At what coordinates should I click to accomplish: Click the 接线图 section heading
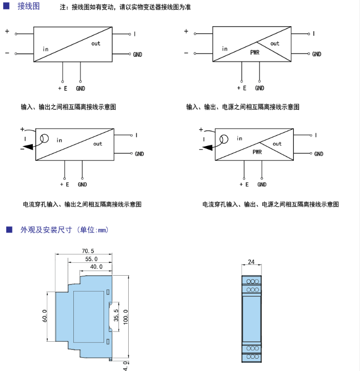(x=29, y=6)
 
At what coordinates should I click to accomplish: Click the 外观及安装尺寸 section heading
(x=46, y=230)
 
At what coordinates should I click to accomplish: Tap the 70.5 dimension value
(x=88, y=251)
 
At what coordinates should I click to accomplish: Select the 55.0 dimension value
(x=91, y=259)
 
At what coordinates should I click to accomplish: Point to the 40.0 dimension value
(x=96, y=266)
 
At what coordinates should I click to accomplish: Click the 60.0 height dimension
(x=45, y=316)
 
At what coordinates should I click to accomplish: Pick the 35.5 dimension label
(x=116, y=315)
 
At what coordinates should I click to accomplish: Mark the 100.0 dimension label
(x=126, y=317)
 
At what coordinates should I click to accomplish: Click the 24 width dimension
(x=251, y=262)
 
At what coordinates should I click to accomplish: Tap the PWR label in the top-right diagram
(x=255, y=52)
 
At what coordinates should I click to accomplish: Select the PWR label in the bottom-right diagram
(x=257, y=152)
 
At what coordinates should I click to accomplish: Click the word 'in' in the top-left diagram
(x=46, y=49)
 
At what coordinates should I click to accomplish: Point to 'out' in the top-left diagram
(x=96, y=44)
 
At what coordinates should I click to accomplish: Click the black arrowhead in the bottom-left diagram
(x=29, y=147)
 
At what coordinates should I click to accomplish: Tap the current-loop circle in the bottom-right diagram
(x=224, y=139)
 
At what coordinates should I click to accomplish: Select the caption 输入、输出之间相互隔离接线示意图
(x=68, y=107)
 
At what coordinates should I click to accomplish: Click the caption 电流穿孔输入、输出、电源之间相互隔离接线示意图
(x=270, y=204)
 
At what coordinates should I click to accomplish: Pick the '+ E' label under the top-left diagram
(x=63, y=89)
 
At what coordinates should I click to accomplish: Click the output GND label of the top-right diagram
(x=316, y=54)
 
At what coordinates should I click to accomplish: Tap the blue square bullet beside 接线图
(x=6, y=6)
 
